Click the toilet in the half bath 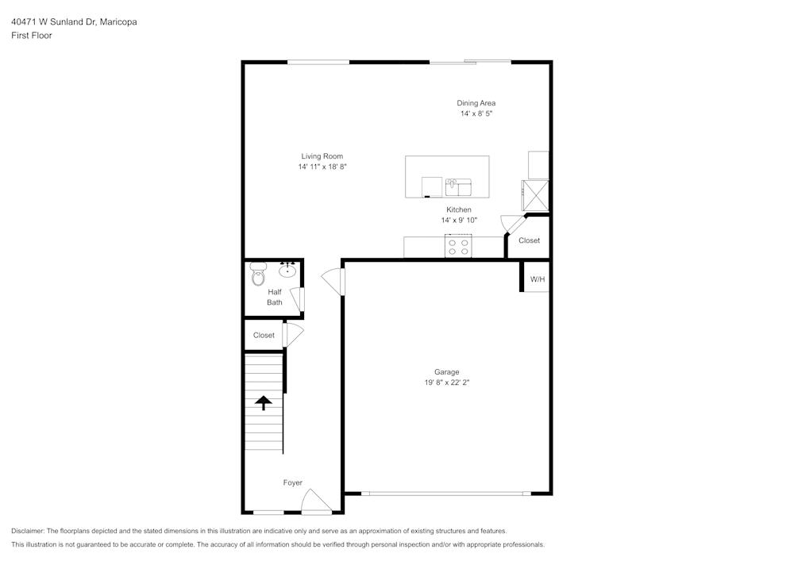pyautogui.click(x=258, y=275)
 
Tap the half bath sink pyautogui.click(x=287, y=271)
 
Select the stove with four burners pyautogui.click(x=458, y=247)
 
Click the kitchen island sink pyautogui.click(x=458, y=187)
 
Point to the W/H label pyautogui.click(x=538, y=279)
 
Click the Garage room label pyautogui.click(x=446, y=371)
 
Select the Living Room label pyautogui.click(x=322, y=156)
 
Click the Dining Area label pyautogui.click(x=476, y=103)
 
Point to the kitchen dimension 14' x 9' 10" pyautogui.click(x=459, y=221)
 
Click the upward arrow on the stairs pyautogui.click(x=263, y=402)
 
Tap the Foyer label pyautogui.click(x=293, y=482)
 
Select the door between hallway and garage pyautogui.click(x=333, y=282)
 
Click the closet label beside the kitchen pyautogui.click(x=529, y=240)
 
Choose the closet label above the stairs pyautogui.click(x=264, y=336)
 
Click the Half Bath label pyautogui.click(x=275, y=297)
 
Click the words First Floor pyautogui.click(x=32, y=36)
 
